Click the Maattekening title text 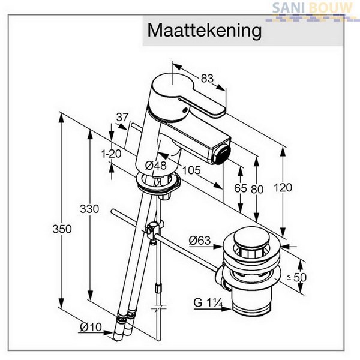tap(205, 31)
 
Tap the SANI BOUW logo tap(312, 11)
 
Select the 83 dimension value tap(207, 79)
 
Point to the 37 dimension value tap(122, 118)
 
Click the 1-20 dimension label tap(111, 154)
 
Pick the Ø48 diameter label tap(155, 166)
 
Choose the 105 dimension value tap(191, 170)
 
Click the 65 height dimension tap(241, 188)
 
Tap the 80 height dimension tap(257, 189)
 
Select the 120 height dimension tap(283, 188)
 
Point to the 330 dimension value tap(89, 209)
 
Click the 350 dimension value tap(62, 229)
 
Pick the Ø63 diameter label tap(200, 241)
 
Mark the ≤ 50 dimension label tap(296, 277)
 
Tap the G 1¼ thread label tap(208, 302)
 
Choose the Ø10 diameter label tap(91, 327)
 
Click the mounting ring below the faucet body tap(158, 182)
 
